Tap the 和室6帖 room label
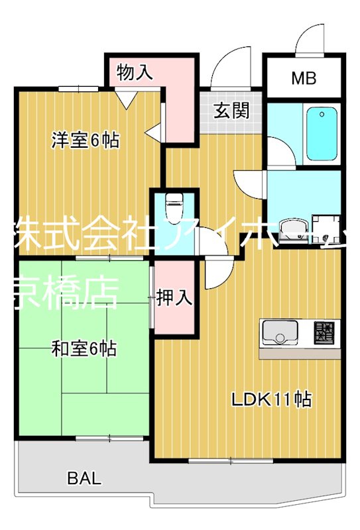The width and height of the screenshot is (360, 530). (x=84, y=348)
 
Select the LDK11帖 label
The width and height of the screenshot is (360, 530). (x=272, y=399)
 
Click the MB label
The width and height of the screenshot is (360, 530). (x=304, y=78)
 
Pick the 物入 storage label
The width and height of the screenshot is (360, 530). (x=135, y=72)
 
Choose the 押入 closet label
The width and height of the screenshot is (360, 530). (x=175, y=298)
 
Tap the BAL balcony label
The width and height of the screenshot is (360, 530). (x=84, y=478)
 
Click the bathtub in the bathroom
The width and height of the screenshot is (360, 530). (x=323, y=133)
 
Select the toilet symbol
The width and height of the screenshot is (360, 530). (x=174, y=207)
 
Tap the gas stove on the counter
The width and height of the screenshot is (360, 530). (x=325, y=331)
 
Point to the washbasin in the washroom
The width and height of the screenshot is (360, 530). (x=290, y=230)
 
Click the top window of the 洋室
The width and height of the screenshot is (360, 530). (x=78, y=88)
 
